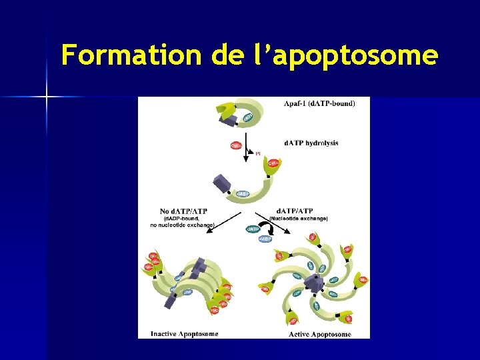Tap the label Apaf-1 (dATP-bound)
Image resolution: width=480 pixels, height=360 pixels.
[x=319, y=103]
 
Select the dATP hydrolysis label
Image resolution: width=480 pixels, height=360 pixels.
[x=311, y=143]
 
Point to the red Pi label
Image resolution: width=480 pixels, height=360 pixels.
[x=258, y=154]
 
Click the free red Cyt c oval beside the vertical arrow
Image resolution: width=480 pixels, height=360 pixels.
[x=236, y=145]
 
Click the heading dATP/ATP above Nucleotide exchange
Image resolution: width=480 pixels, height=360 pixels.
[x=294, y=211]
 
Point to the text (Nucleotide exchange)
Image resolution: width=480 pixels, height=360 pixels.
[x=298, y=218]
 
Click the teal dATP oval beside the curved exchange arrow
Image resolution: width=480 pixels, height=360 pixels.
[x=254, y=229]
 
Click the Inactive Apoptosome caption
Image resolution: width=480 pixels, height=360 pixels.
[x=184, y=333]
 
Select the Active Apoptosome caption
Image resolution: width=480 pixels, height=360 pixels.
[x=320, y=334]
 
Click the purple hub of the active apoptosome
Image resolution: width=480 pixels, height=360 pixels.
[x=313, y=283]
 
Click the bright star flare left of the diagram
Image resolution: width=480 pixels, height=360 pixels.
[x=47, y=97]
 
